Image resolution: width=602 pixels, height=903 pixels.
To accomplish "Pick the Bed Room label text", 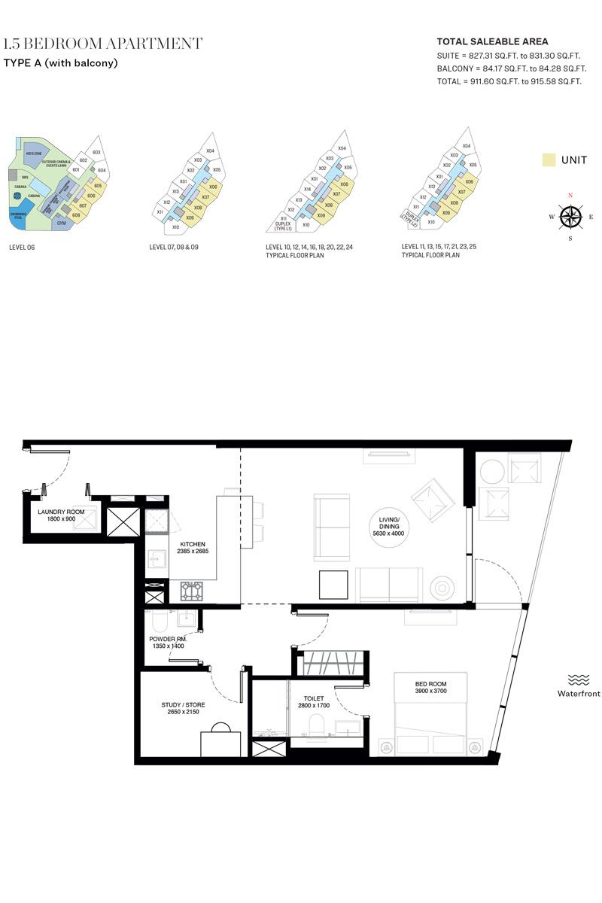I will tap(430, 687).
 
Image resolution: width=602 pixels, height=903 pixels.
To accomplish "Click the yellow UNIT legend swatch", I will tap(549, 160).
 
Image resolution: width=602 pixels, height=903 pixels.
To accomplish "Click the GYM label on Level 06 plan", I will tap(61, 223).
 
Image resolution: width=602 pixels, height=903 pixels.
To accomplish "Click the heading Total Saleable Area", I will tap(492, 42).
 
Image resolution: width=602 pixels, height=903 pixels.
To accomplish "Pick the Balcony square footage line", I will tap(511, 68).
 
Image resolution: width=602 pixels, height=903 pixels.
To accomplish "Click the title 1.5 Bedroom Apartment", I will tap(103, 44).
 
